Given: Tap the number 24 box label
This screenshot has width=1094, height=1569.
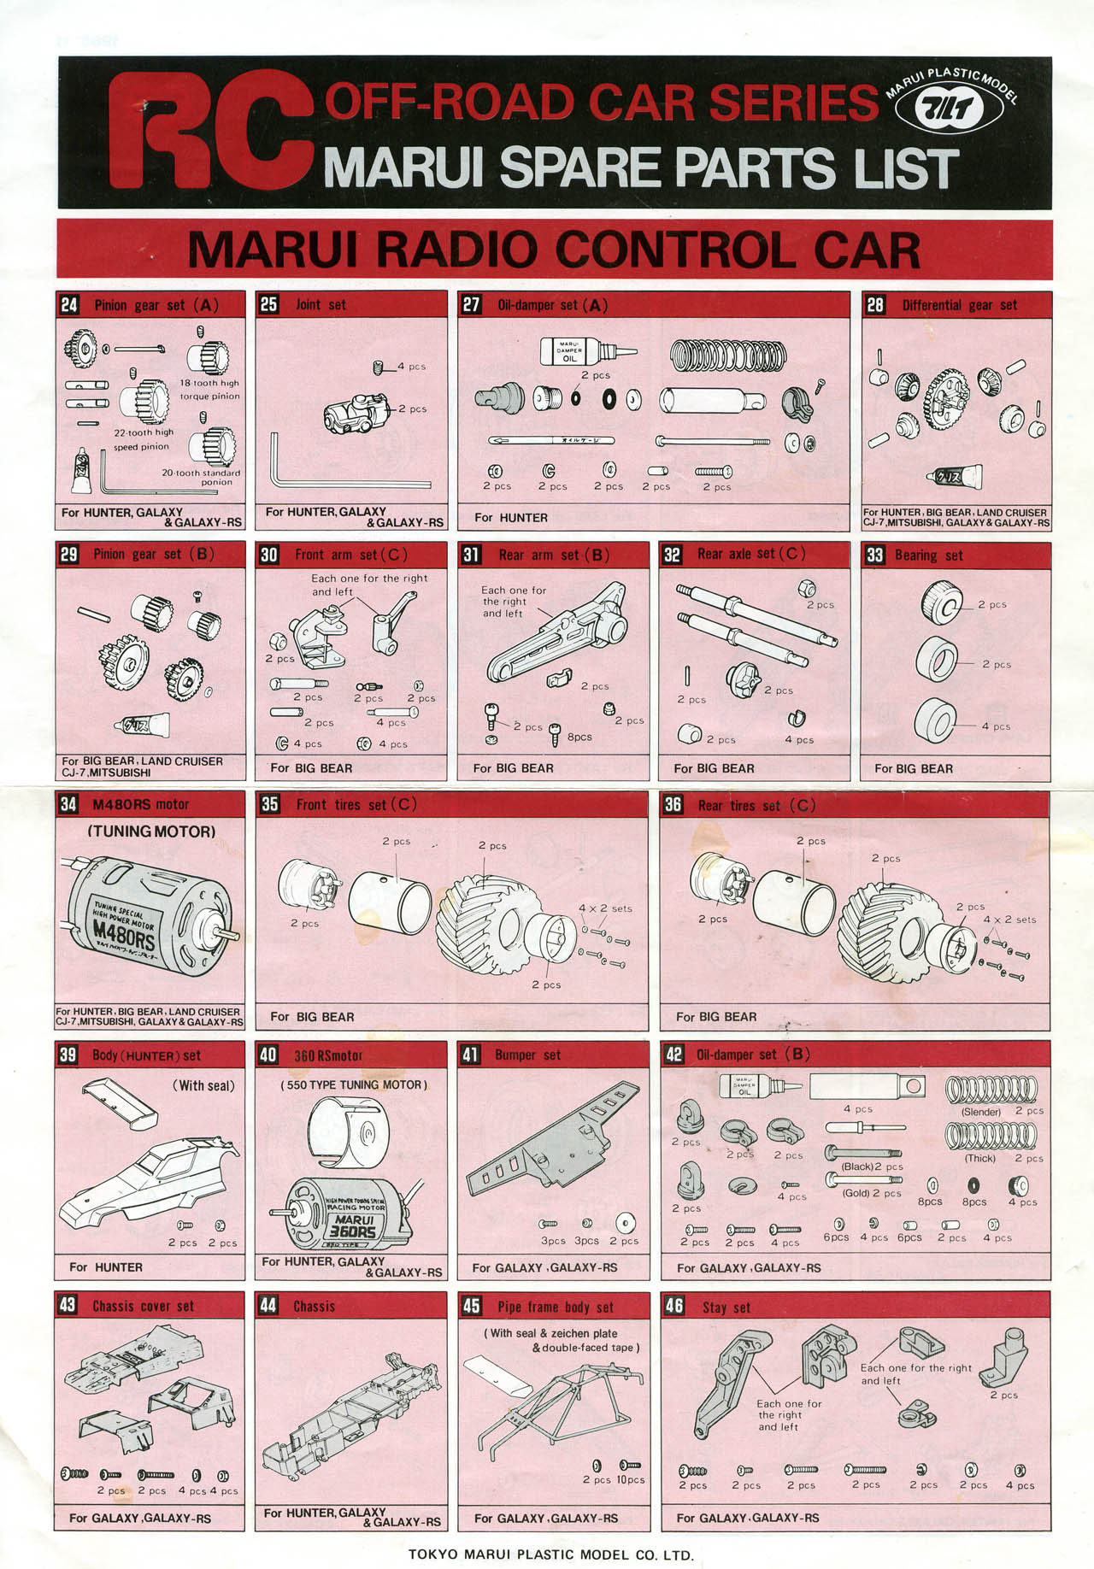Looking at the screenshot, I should point(69,305).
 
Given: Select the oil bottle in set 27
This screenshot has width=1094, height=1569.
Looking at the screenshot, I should point(578,350).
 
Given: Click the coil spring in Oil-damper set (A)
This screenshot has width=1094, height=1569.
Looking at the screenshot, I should point(727,355).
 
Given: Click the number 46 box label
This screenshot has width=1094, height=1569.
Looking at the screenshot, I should point(673,1306).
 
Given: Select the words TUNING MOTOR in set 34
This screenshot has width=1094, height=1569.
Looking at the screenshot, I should point(151,831).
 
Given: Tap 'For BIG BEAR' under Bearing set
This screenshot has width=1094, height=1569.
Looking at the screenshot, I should point(913,768).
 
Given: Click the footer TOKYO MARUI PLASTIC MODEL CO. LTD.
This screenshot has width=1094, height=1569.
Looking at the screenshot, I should point(550,1554).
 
